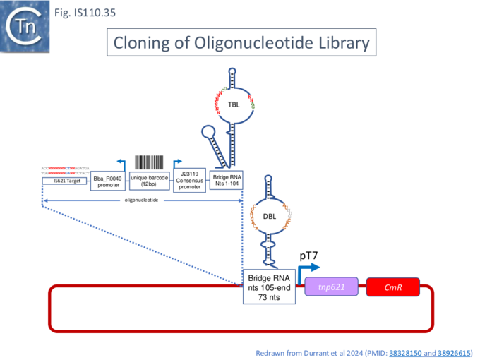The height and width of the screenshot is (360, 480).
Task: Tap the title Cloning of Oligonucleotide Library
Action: (241, 43)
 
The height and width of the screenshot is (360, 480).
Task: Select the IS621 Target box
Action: (64, 181)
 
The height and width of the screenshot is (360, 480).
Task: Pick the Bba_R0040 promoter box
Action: (108, 182)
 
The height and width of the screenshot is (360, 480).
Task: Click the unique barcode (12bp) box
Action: (149, 181)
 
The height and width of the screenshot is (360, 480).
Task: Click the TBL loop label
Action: (234, 104)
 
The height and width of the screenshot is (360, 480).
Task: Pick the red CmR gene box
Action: (392, 287)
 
